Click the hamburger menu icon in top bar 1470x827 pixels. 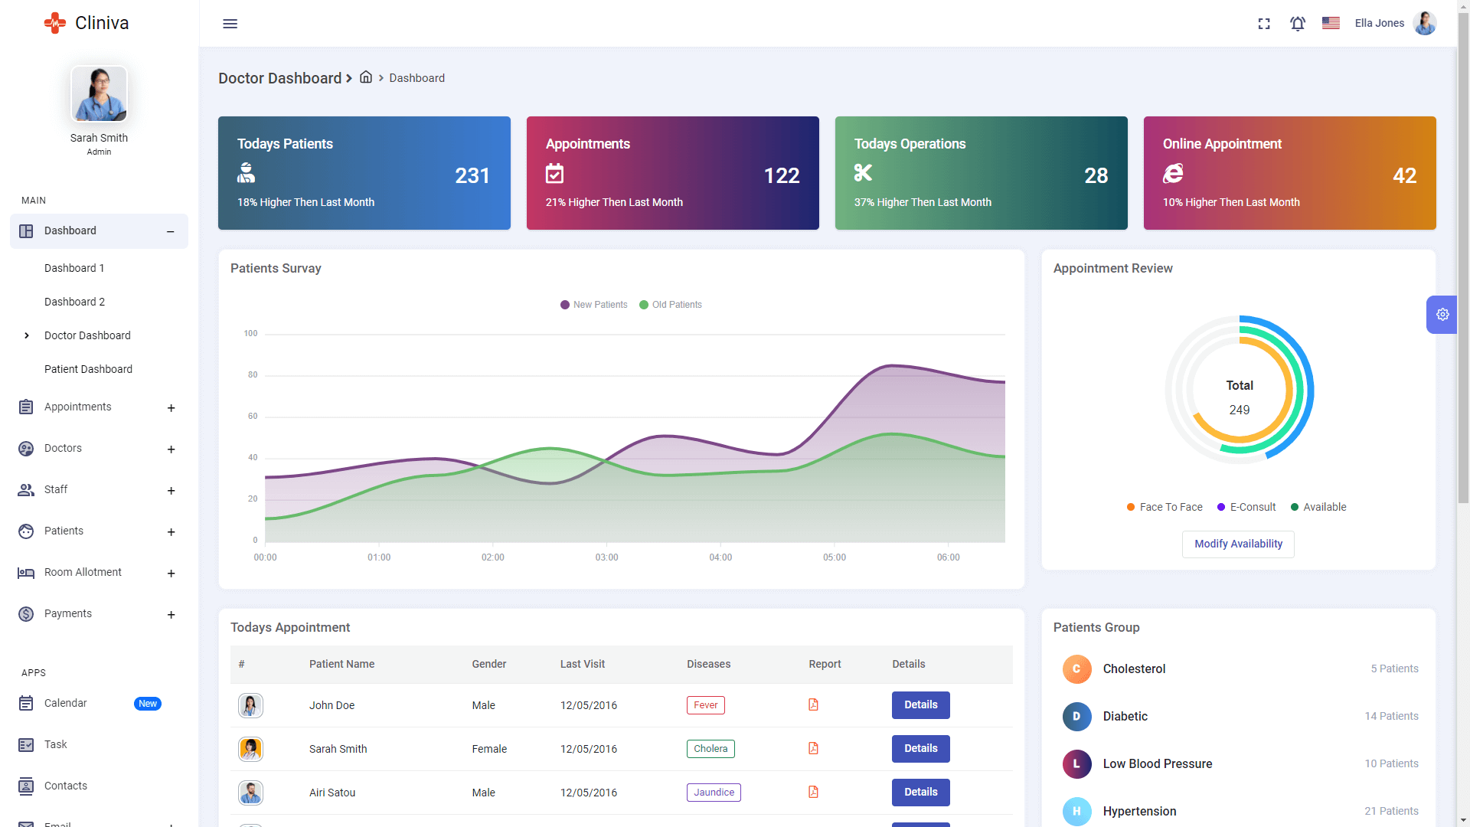[230, 24]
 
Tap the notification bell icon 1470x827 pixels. [1297, 24]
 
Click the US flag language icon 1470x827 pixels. [1331, 23]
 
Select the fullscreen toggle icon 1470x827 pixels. [1264, 24]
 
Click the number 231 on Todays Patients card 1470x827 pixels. [472, 175]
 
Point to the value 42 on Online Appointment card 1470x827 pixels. [1404, 175]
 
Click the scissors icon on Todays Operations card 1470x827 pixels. [863, 173]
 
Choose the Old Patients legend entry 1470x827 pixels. [671, 305]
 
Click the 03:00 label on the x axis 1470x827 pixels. [606, 557]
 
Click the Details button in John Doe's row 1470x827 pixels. [920, 705]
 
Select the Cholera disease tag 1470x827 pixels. [710, 749]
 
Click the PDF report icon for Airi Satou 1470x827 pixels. [813, 793]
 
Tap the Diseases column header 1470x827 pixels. [708, 664]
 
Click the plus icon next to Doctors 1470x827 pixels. [171, 449]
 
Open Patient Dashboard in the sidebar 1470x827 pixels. [88, 369]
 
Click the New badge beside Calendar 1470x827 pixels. [148, 704]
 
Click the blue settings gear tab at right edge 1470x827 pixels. [1442, 315]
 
